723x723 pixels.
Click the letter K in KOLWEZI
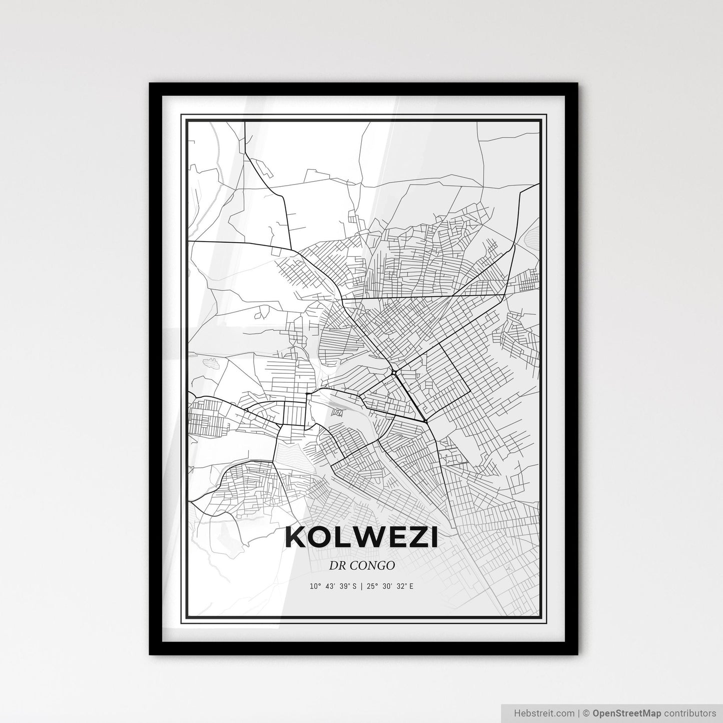[x=295, y=537]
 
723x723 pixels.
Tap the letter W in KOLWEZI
[x=362, y=537]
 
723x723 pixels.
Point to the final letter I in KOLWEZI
[x=433, y=537]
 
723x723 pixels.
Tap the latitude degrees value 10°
[x=315, y=586]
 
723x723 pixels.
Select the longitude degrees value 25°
[x=372, y=586]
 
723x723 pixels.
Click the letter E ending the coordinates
[x=411, y=586]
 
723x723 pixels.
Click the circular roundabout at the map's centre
[x=394, y=372]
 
